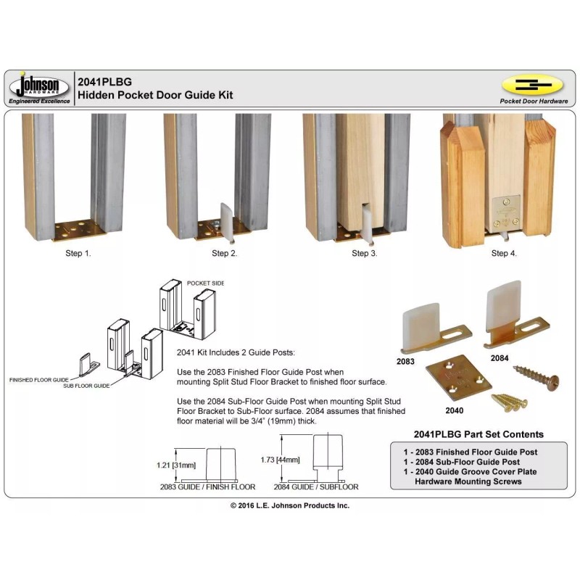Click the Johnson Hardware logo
coord(39,88)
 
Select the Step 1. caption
coord(78,254)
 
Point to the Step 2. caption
coord(224,254)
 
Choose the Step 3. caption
coord(364,254)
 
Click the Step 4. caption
coord(504,254)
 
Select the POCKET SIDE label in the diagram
coord(205,282)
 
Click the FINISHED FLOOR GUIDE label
coord(41,379)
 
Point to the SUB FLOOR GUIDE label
coord(86,386)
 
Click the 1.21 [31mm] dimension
coord(177,465)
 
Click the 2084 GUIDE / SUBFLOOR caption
coord(318,487)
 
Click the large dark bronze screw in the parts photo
coord(534,377)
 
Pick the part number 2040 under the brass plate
coord(454,410)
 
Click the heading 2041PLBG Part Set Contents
coord(478,434)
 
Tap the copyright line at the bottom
coord(290,505)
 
